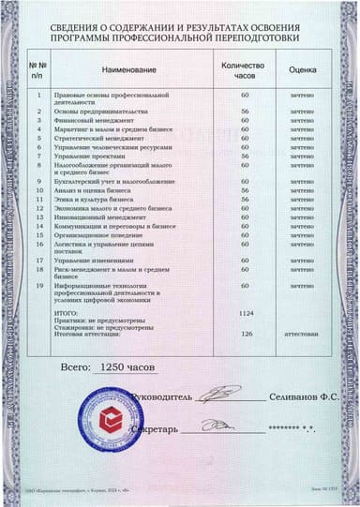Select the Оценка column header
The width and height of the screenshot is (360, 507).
click(x=301, y=69)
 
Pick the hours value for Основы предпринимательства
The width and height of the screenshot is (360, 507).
click(x=244, y=111)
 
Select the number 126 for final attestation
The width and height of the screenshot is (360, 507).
click(x=247, y=333)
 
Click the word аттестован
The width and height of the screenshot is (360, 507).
click(x=301, y=333)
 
